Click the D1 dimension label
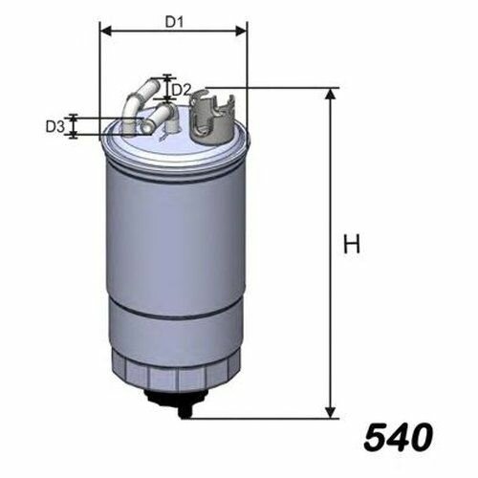pos(174,22)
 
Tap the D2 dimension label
pos(181,91)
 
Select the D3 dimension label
pos(55,126)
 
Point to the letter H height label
pos(352,244)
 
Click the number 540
pos(399,437)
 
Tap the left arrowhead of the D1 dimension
pos(105,32)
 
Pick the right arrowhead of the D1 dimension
pos(241,32)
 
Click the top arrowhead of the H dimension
pos(331,94)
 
